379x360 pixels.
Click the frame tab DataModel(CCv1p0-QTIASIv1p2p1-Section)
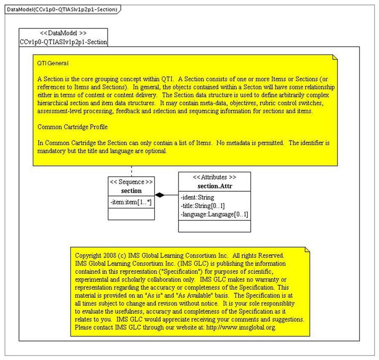pyautogui.click(x=62, y=9)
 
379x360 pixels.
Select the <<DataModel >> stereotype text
pyautogui.click(x=63, y=33)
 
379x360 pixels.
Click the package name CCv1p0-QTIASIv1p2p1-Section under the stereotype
pyautogui.click(x=63, y=42)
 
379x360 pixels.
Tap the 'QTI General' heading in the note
pyautogui.click(x=53, y=63)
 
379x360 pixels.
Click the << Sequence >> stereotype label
pyautogui.click(x=131, y=182)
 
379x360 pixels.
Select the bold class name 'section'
pyautogui.click(x=131, y=191)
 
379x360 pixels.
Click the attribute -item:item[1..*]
pyautogui.click(x=131, y=202)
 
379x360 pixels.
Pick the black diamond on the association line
pyautogui.click(x=160, y=195)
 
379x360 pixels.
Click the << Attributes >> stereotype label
pyautogui.click(x=214, y=177)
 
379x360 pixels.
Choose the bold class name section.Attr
pyautogui.click(x=214, y=186)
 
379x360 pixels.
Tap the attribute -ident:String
pyautogui.click(x=198, y=197)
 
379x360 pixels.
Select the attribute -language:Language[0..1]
pyautogui.click(x=214, y=214)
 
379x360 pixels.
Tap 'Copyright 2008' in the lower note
pyautogui.click(x=95, y=256)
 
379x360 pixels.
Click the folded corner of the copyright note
pyautogui.click(x=307, y=250)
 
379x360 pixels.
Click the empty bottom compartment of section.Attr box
pyautogui.click(x=214, y=226)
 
